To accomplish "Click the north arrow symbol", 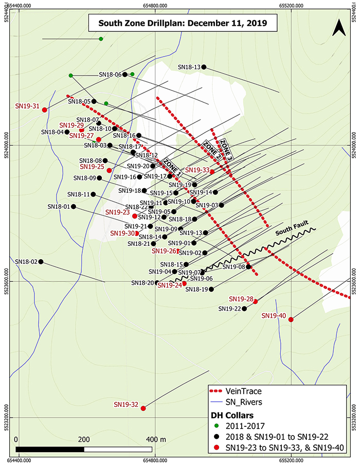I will click(338, 27).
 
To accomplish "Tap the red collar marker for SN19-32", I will click(143, 408).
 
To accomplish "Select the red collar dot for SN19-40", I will click(291, 320).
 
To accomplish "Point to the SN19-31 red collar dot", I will click(45, 110).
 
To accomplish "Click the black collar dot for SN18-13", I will click(204, 67).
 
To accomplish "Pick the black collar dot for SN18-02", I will click(41, 262).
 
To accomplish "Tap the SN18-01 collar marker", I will click(74, 207).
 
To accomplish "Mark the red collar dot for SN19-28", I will click(256, 301).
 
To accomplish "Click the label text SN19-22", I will click(229, 309).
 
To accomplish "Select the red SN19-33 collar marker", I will click(212, 171).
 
